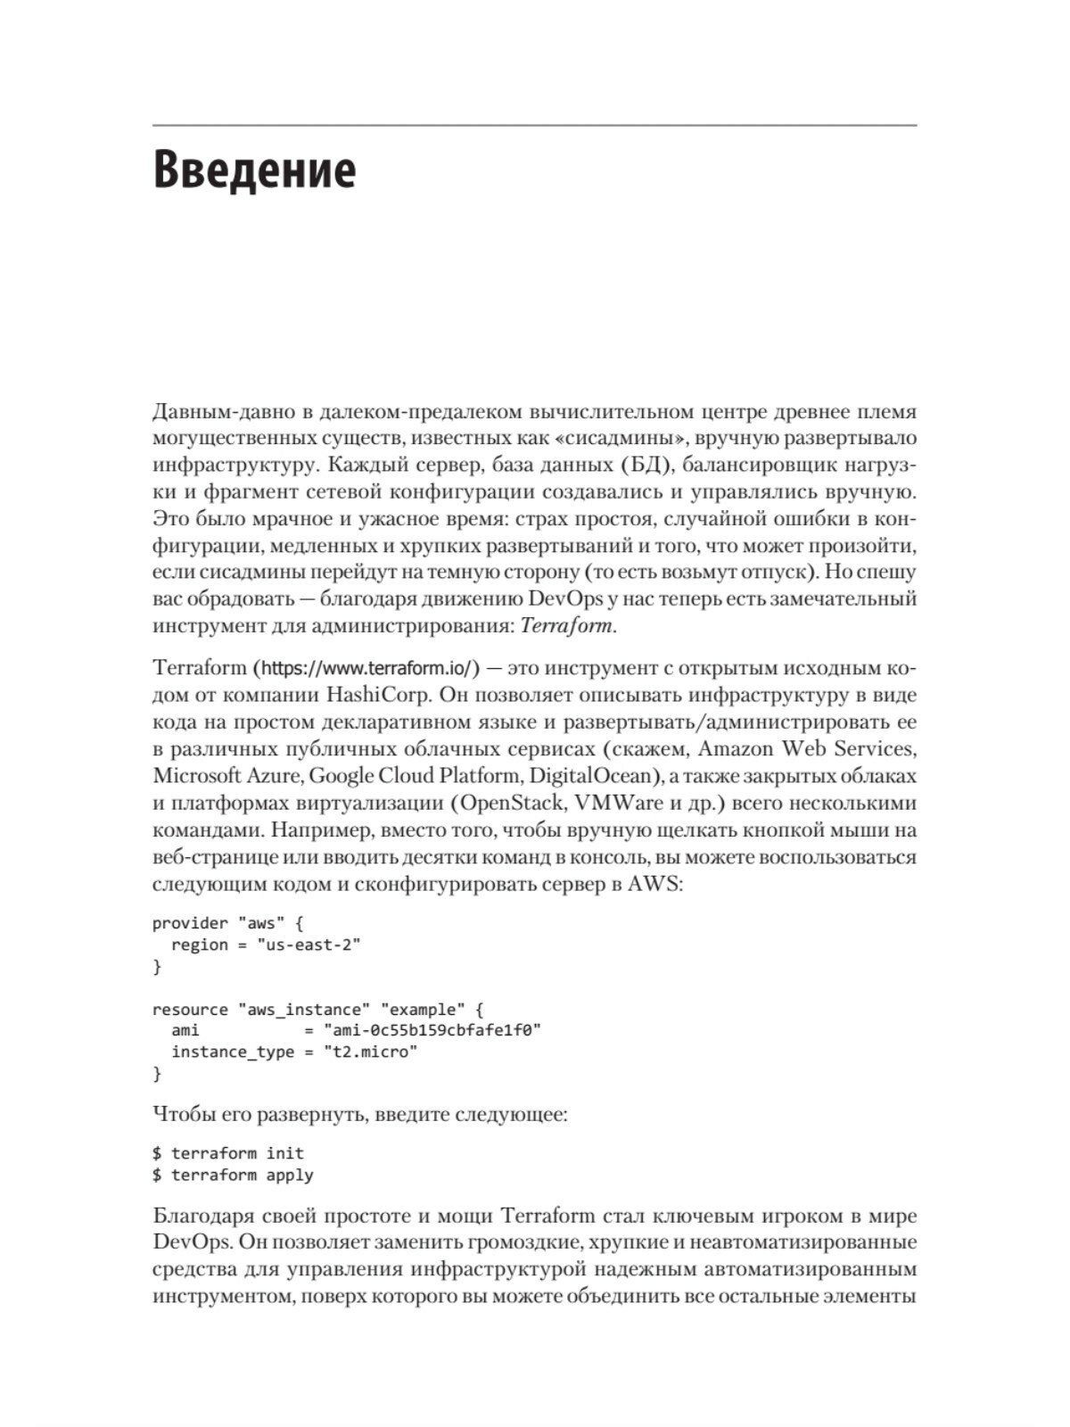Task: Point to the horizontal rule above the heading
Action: tap(534, 126)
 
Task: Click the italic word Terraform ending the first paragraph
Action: tap(579, 625)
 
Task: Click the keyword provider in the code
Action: tap(190, 923)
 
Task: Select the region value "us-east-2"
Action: tap(309, 944)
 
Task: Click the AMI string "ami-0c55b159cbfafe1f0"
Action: tap(433, 1030)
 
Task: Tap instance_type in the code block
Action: tap(232, 1052)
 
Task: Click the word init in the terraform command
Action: tap(285, 1153)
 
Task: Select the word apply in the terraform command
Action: tap(290, 1175)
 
